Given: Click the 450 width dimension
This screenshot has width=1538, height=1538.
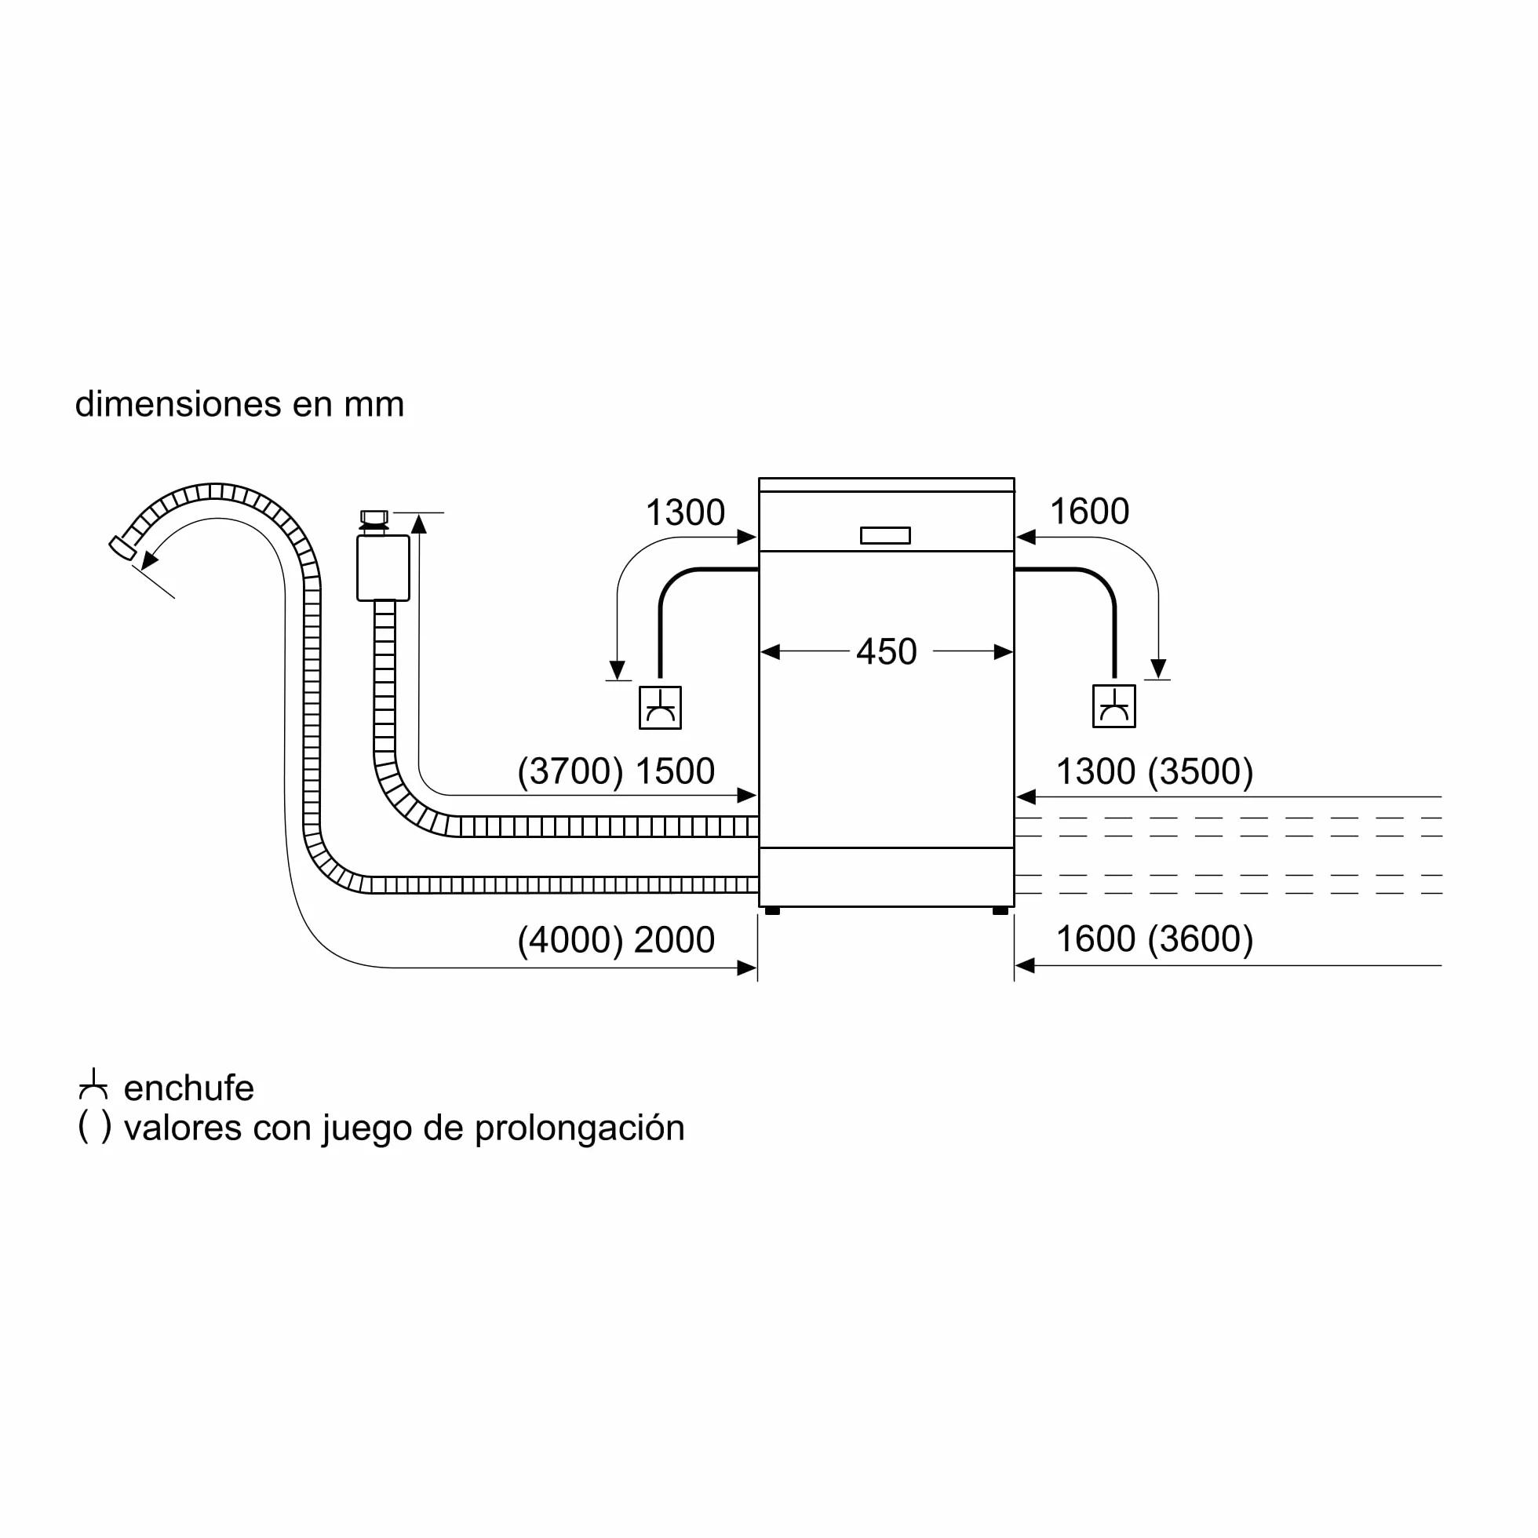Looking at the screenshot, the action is click(x=886, y=651).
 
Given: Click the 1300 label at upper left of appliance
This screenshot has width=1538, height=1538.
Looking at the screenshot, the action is click(x=685, y=512).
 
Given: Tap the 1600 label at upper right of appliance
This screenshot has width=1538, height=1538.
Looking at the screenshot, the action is click(x=1090, y=511).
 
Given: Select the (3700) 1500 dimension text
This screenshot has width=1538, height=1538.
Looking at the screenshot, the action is click(x=616, y=771).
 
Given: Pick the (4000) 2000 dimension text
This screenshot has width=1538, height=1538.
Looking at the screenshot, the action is click(x=616, y=940).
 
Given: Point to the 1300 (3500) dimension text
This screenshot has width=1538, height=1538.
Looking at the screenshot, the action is click(x=1154, y=771).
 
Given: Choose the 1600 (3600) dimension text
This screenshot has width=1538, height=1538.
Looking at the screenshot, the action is click(x=1154, y=939).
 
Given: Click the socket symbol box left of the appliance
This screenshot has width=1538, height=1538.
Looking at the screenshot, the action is click(x=661, y=708).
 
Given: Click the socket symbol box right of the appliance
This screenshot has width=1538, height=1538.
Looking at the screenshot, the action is click(x=1114, y=706).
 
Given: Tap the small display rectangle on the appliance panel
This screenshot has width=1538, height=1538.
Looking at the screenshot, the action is click(x=885, y=536).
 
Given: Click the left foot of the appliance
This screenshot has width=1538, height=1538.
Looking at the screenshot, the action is click(x=772, y=911).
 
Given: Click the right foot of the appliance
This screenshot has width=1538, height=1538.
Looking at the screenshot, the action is click(x=1000, y=911).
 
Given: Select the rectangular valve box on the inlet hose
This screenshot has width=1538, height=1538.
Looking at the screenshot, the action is click(x=384, y=567).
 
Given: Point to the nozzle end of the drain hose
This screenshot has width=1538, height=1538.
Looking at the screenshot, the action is click(x=122, y=548).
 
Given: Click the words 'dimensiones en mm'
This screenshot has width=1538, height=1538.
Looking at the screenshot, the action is click(x=239, y=404).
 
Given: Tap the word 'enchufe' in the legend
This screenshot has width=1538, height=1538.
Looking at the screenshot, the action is click(x=188, y=1088).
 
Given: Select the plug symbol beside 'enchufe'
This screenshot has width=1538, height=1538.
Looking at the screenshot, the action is click(x=93, y=1084).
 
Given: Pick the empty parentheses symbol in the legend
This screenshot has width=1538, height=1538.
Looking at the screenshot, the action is click(x=95, y=1128).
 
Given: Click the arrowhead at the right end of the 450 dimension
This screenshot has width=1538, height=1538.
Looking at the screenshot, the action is click(x=1004, y=652).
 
